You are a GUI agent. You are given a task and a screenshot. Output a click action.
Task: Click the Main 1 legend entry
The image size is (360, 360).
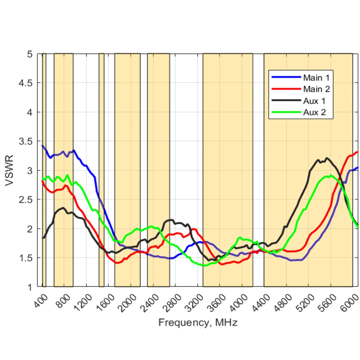(x=316, y=78)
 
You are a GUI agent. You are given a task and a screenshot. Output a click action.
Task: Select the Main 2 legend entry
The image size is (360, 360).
(x=316, y=89)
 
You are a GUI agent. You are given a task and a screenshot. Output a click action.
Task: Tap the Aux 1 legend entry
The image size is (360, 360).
(x=314, y=101)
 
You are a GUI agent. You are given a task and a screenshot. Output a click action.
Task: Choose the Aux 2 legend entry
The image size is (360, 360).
(x=314, y=113)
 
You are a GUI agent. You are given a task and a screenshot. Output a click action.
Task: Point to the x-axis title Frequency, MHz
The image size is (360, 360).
(x=198, y=323)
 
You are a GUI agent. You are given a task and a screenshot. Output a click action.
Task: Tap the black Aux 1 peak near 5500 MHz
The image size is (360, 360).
(x=326, y=158)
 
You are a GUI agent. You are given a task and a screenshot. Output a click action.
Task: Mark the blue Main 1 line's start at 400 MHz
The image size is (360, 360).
(x=43, y=146)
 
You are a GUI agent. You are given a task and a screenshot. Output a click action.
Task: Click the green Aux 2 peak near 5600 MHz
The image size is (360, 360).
(x=331, y=176)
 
